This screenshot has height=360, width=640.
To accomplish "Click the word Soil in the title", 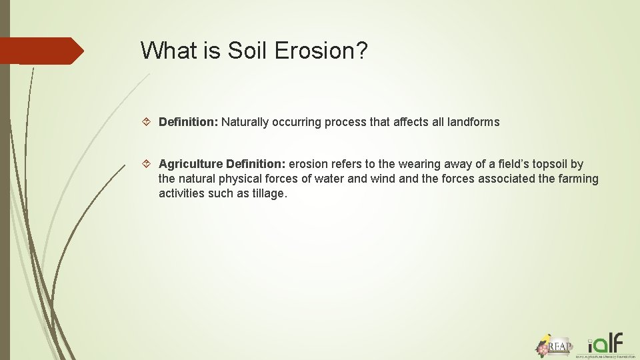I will (x=243, y=50).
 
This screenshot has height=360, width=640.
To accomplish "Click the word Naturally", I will (x=247, y=122).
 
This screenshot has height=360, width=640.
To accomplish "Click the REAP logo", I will (x=554, y=345).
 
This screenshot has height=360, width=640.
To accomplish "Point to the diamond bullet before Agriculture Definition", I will (x=148, y=164).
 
